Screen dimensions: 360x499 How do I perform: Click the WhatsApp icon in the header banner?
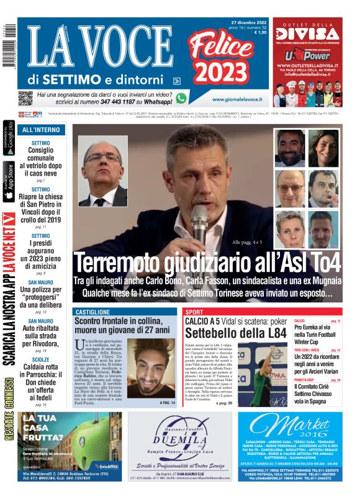(181, 98)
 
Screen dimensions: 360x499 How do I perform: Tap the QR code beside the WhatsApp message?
(25, 97)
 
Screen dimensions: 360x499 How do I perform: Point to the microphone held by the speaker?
(199, 220)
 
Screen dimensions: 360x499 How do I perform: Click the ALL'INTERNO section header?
(41, 130)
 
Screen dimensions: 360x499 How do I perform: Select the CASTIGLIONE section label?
(92, 312)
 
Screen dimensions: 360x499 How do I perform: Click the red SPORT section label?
(194, 312)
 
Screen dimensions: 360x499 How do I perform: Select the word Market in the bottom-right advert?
(298, 426)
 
